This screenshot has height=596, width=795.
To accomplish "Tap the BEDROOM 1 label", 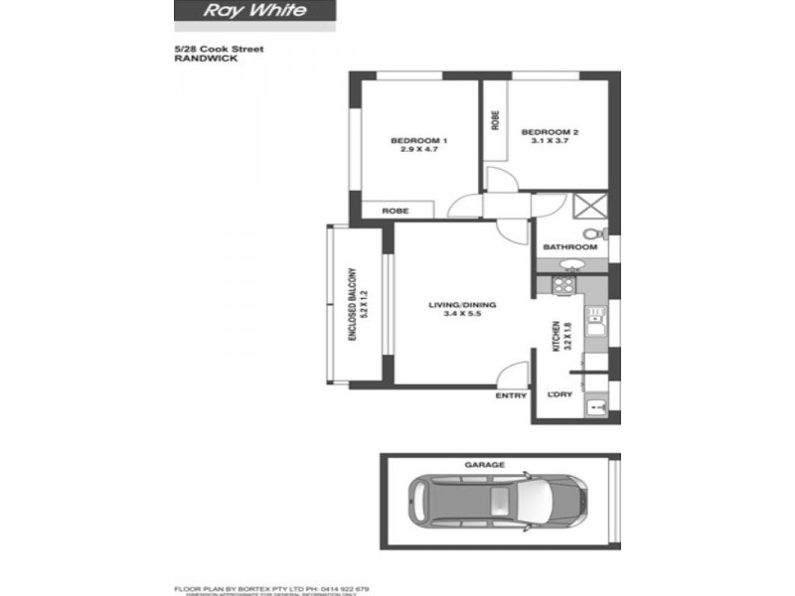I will click(418, 140).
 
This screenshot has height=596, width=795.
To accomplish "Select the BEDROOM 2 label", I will click(550, 132).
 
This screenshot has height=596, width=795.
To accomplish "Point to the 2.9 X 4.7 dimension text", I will click(418, 150).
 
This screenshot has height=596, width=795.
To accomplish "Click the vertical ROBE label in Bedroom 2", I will click(495, 120).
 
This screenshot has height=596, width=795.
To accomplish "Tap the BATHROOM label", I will click(569, 246).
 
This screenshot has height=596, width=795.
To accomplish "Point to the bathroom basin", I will click(570, 265).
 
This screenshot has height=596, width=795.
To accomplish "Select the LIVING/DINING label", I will click(462, 305).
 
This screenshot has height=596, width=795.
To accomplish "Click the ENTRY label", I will click(511, 396).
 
